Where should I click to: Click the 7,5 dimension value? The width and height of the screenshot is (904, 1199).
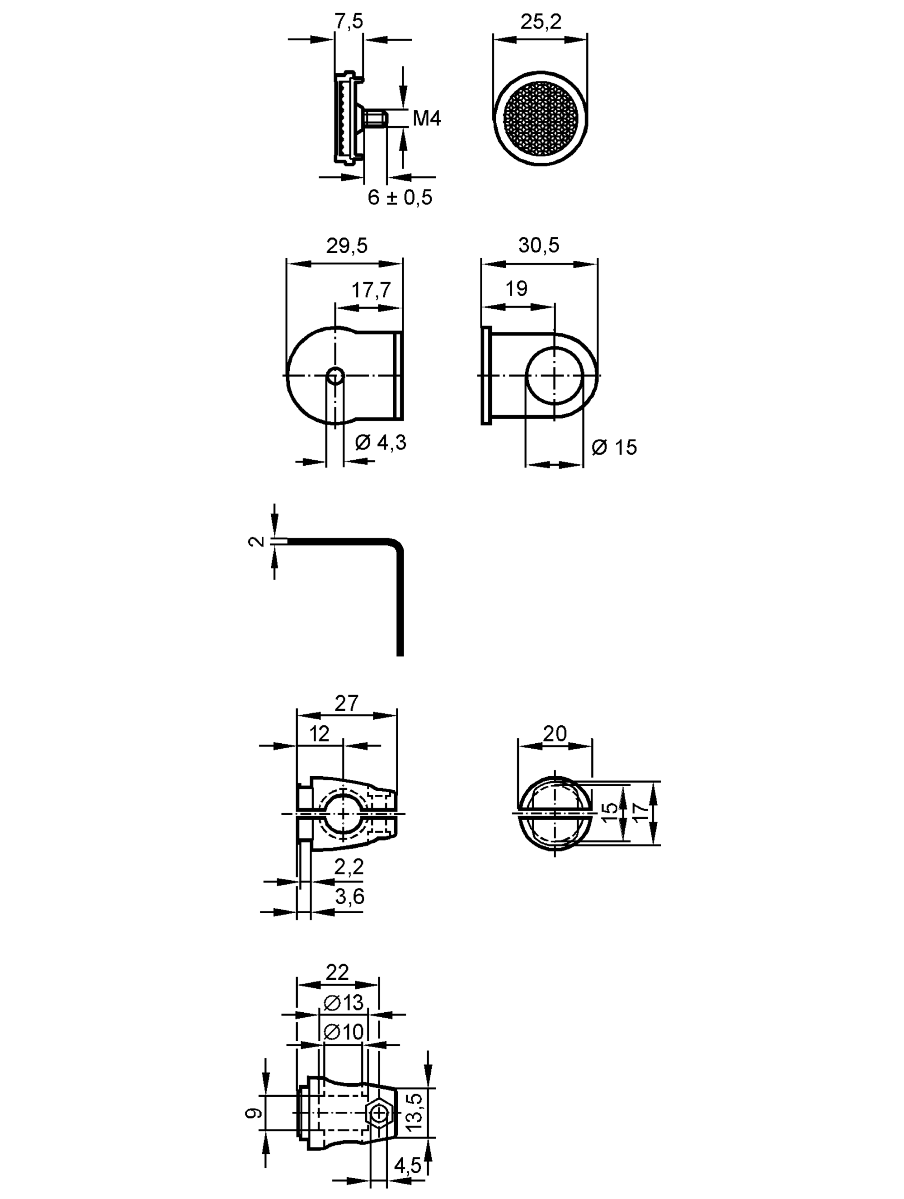pyautogui.click(x=348, y=22)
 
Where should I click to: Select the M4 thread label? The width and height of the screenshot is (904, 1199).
pyautogui.click(x=427, y=118)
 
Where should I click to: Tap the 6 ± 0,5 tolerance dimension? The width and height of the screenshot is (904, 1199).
pyautogui.click(x=400, y=197)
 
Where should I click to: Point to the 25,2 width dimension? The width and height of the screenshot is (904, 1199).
pyautogui.click(x=541, y=22)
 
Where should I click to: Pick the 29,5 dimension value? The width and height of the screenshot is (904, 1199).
pyautogui.click(x=347, y=245)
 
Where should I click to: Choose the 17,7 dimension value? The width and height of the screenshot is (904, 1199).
pyautogui.click(x=371, y=290)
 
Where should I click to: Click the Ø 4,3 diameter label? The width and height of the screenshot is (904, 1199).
pyautogui.click(x=381, y=443)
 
